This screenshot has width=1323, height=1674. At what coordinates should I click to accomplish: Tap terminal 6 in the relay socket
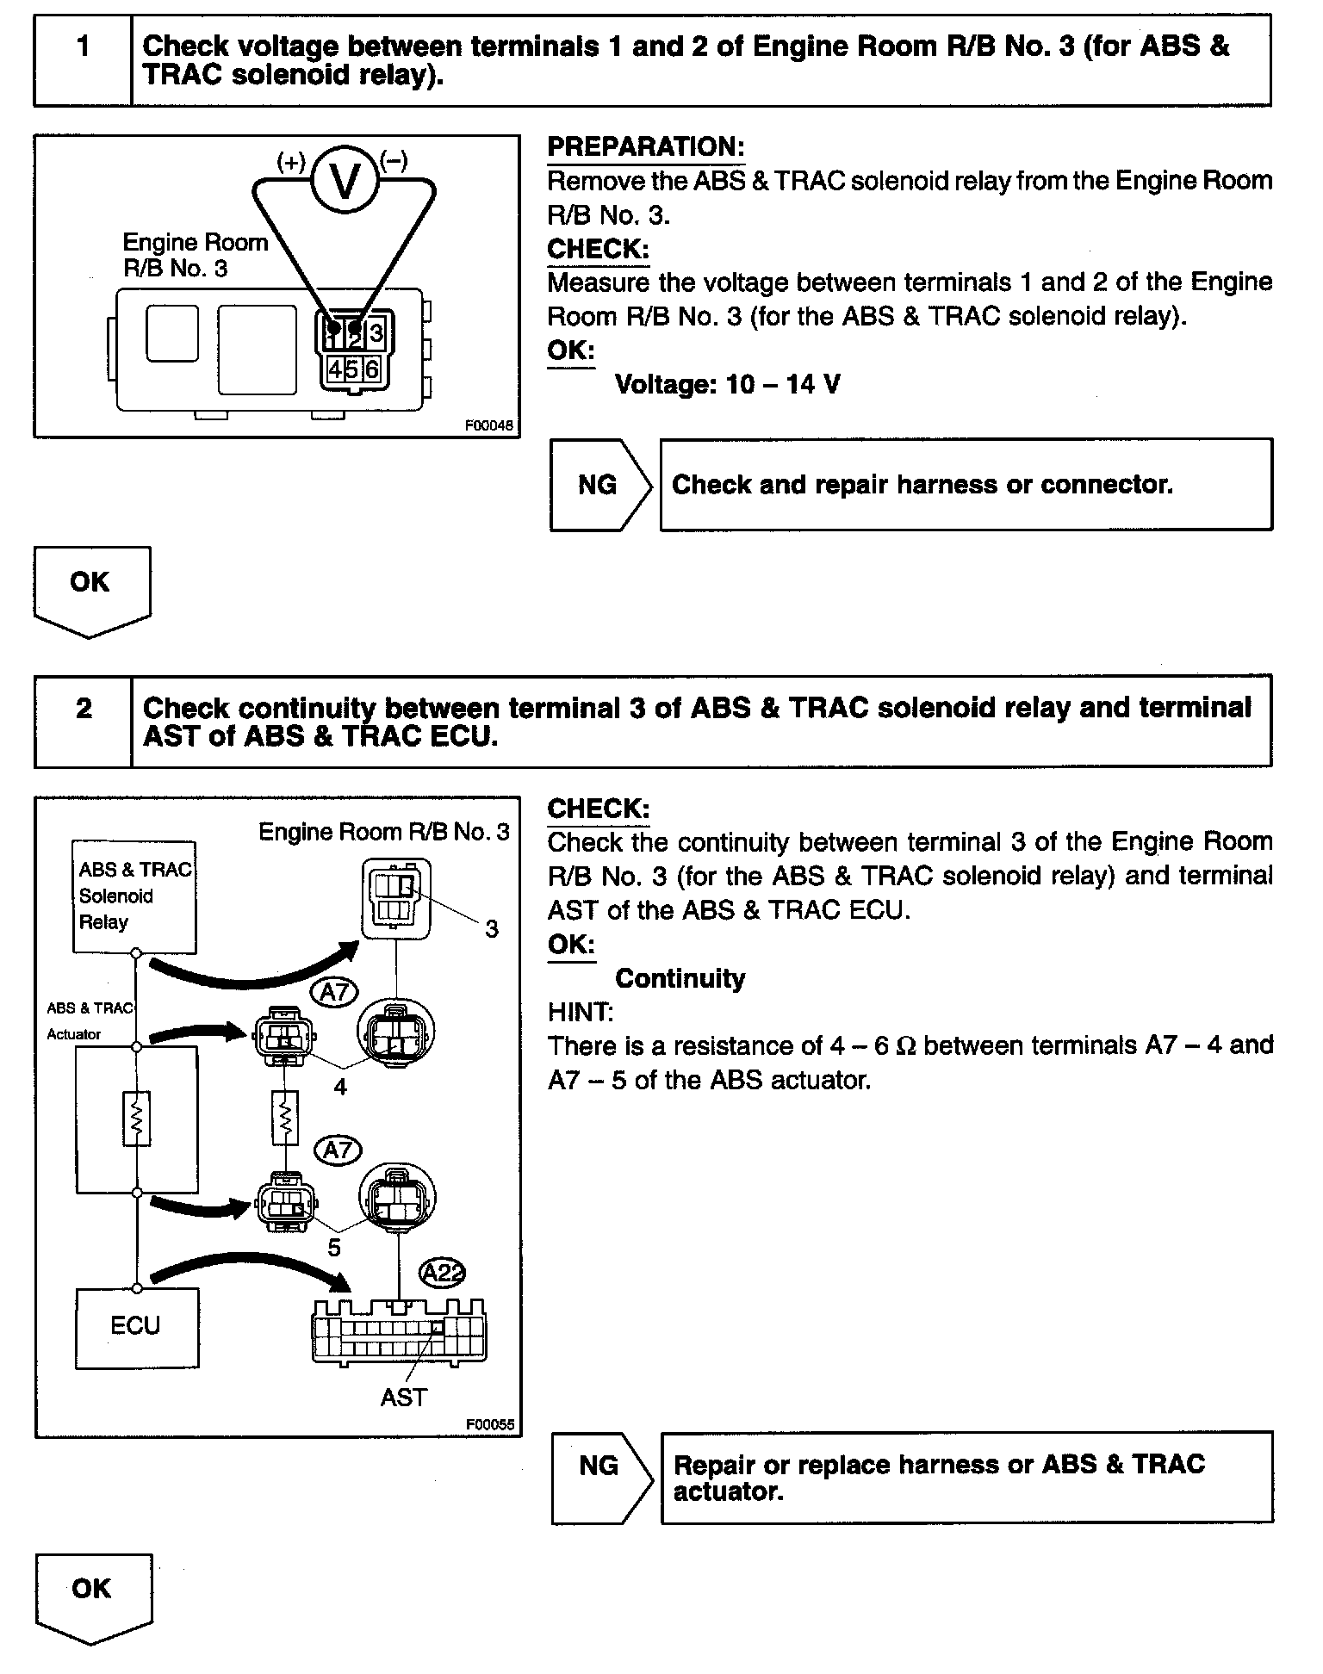[371, 369]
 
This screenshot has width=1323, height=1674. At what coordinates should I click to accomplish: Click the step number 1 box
[83, 60]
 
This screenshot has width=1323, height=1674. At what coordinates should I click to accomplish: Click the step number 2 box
[83, 722]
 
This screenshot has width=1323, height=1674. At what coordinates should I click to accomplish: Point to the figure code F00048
[488, 425]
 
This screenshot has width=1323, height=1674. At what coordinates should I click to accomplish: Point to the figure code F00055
[489, 1424]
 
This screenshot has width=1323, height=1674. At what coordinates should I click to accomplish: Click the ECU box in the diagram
[136, 1327]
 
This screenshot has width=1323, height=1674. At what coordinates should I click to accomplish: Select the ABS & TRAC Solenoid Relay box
[134, 896]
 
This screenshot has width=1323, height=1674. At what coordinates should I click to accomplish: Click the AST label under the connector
[403, 1397]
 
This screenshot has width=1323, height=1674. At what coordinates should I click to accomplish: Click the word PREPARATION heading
[645, 147]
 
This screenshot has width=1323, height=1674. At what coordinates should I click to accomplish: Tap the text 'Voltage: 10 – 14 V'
[727, 384]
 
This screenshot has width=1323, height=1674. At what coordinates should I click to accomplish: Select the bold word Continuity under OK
[680, 978]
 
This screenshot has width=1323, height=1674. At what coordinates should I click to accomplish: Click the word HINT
[580, 1012]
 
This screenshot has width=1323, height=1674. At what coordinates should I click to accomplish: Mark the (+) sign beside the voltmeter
[290, 162]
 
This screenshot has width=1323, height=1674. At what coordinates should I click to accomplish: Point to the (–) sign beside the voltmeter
[394, 161]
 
